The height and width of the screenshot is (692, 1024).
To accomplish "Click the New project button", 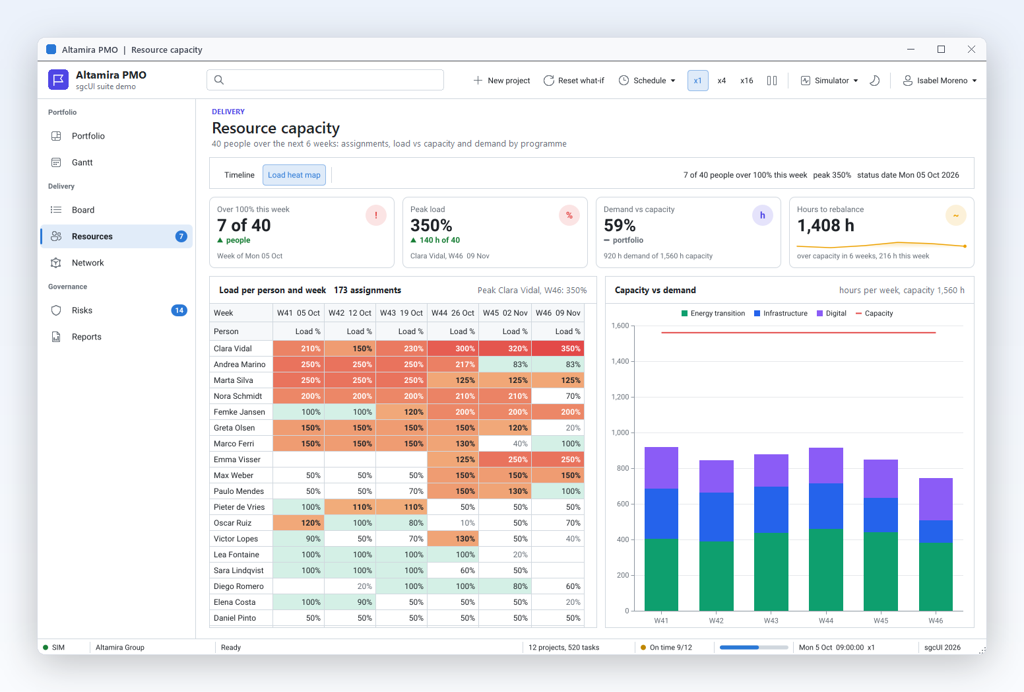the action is tap(501, 81).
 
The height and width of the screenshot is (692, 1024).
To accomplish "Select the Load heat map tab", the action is tap(294, 175).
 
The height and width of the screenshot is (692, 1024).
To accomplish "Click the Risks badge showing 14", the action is tap(179, 310).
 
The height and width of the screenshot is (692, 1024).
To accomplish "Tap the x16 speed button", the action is tap(746, 81).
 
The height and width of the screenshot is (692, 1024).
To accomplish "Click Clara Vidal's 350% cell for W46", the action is tap(558, 349).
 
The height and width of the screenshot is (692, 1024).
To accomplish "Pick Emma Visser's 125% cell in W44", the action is tap(453, 459).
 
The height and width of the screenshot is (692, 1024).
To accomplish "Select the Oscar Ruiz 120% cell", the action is tap(298, 523).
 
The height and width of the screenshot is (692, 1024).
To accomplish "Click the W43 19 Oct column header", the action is tap(401, 313).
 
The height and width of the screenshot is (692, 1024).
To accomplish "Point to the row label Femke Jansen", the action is tap(239, 411).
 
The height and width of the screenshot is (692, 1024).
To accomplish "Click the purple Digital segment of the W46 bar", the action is tap(936, 499).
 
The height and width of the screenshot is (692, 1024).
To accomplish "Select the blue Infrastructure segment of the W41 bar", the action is tap(661, 514).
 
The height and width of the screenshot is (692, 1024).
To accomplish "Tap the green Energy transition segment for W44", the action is tap(825, 570).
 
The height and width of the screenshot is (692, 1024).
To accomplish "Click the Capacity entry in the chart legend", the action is tap(874, 313).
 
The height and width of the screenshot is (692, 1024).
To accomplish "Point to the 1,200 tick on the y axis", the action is tap(620, 397).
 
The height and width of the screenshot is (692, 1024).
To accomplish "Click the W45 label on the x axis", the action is tap(880, 621).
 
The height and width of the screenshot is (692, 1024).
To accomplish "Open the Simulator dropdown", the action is tap(829, 81).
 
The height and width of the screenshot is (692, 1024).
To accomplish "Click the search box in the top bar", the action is tap(325, 80).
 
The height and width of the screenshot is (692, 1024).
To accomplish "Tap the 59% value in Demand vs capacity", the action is tap(620, 225).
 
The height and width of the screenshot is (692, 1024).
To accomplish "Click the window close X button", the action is tap(971, 50).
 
